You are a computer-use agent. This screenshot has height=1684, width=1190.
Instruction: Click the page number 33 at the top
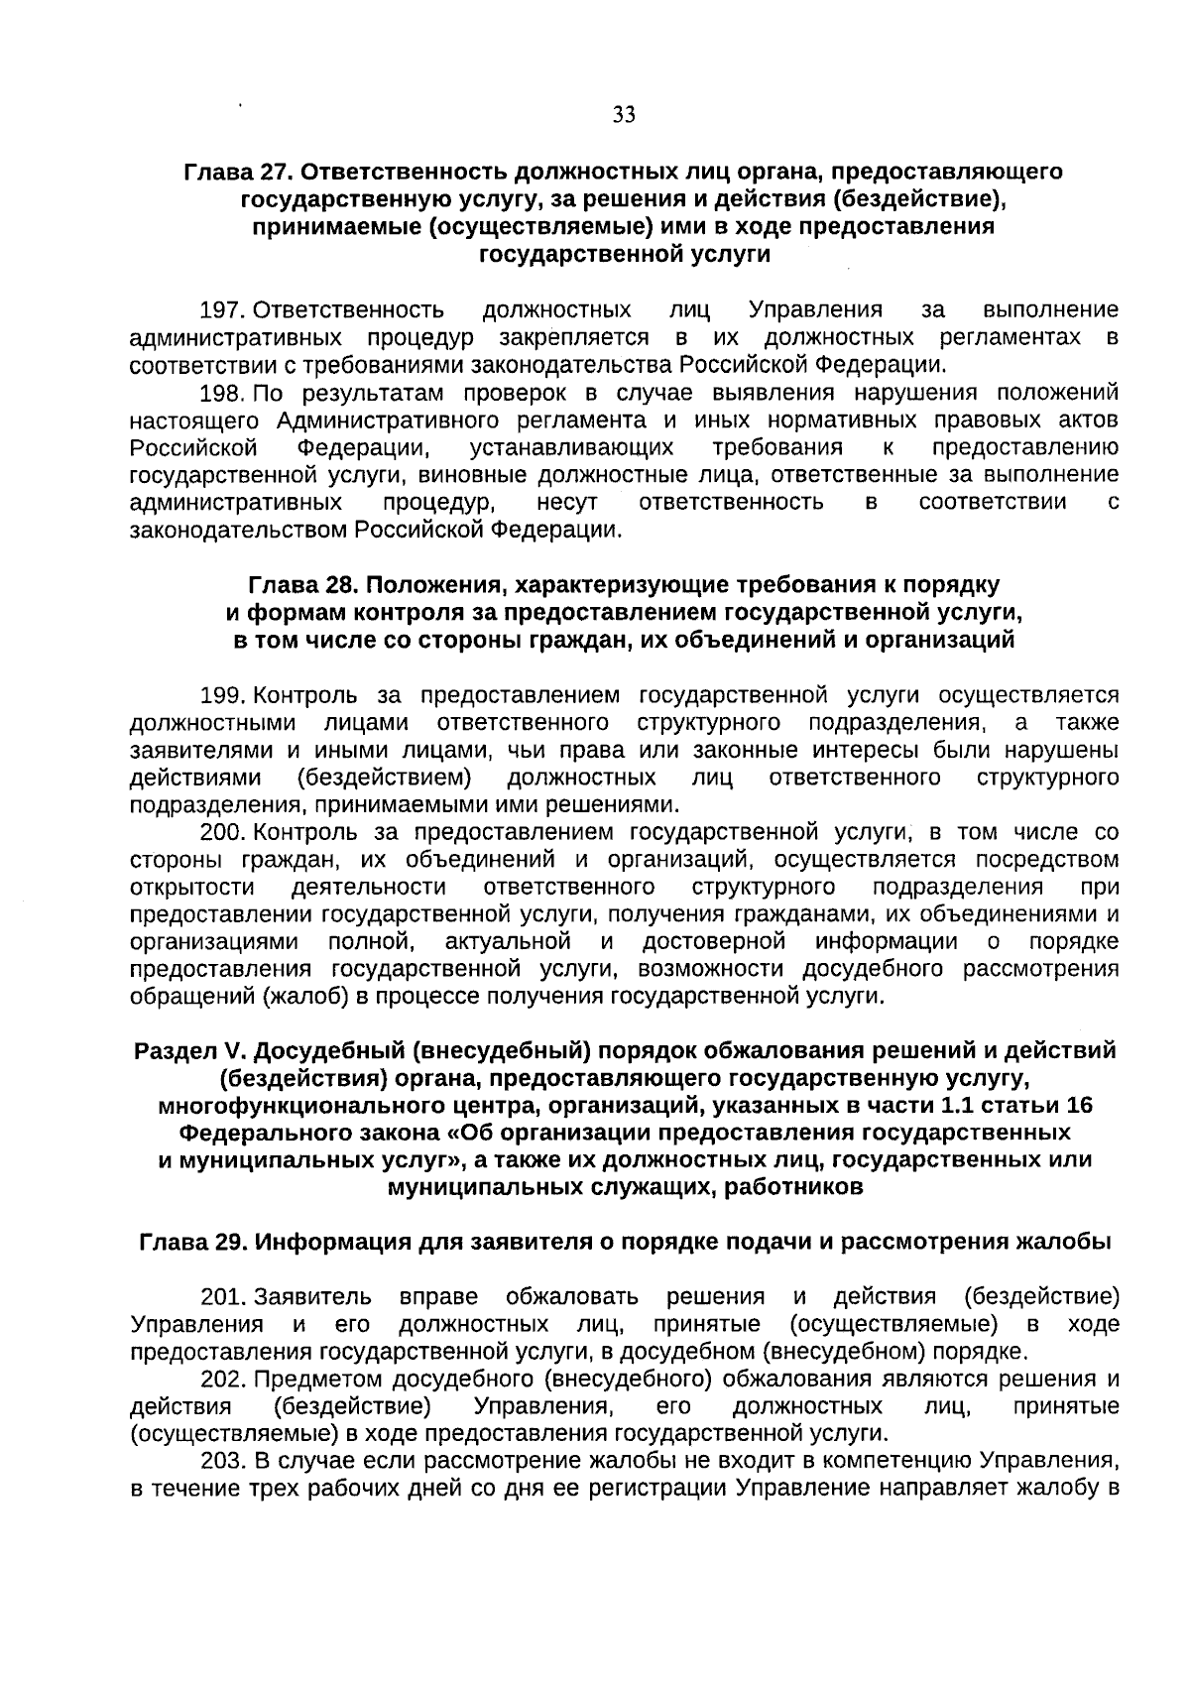coord(624,115)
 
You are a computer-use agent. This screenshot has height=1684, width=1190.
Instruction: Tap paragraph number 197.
coord(223,310)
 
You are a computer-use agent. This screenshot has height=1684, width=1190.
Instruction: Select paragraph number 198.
coord(223,393)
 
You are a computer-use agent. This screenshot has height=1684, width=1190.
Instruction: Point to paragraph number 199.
coord(223,694)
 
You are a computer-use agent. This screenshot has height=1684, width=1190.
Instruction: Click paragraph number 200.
coord(223,831)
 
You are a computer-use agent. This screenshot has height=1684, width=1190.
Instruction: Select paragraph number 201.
coord(223,1296)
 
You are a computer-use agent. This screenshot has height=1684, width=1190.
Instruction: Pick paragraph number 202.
coord(223,1379)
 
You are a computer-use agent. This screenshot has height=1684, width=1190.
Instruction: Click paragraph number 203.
coord(223,1461)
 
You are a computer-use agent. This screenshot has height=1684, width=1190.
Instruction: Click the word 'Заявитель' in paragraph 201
coord(313,1296)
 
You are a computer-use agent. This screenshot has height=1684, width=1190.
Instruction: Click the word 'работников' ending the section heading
coord(799,1187)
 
